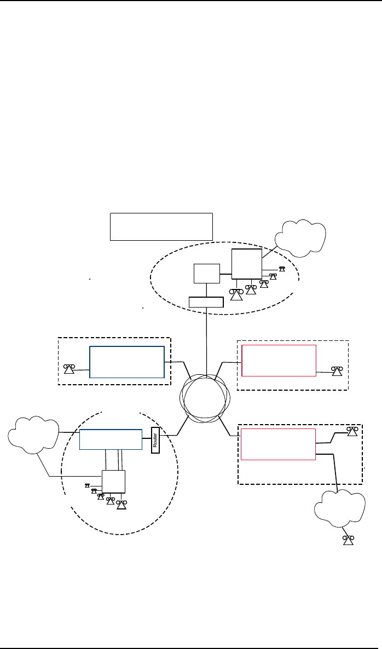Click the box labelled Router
coord(154,439)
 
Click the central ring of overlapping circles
coord(204,398)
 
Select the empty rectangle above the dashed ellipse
coord(161,226)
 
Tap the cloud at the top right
coord(300,237)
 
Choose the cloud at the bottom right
coord(340,509)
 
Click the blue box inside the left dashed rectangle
coord(127,362)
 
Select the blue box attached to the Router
coord(111,439)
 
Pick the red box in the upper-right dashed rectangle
coord(279,361)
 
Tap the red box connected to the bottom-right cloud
coord(278,444)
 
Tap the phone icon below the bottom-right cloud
coord(348,541)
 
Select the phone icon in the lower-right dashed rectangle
coord(353,431)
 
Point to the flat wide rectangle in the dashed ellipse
coord(206,302)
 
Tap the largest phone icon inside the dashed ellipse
coord(236,294)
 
